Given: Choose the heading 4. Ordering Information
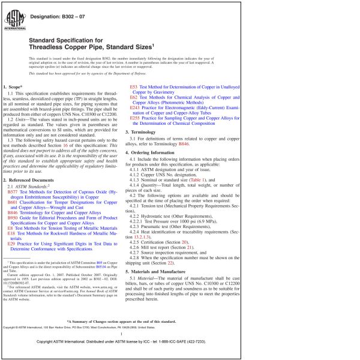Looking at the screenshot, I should [x=158, y=152].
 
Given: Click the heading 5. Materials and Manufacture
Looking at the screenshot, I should [x=165, y=272].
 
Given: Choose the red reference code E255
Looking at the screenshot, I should [x=135, y=119].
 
